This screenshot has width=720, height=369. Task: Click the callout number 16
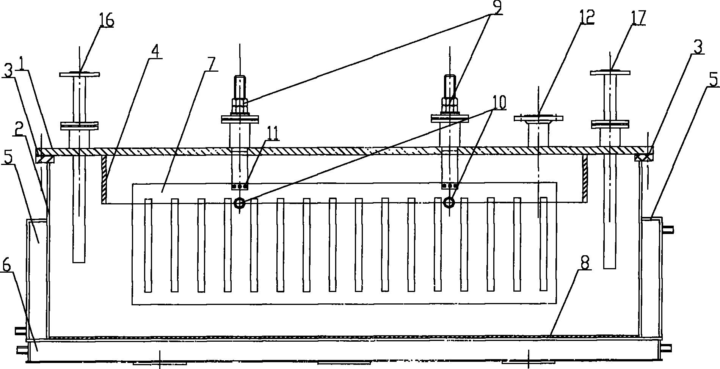point(107,21)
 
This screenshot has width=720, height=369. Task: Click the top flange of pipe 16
point(80,74)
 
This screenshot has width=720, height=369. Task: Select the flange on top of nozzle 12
point(538,118)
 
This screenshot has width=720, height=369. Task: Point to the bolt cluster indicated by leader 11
point(240,187)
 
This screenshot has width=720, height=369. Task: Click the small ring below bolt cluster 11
point(239,203)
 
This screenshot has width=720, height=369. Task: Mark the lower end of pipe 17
point(610,267)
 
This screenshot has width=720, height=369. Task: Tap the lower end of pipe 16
point(79,261)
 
